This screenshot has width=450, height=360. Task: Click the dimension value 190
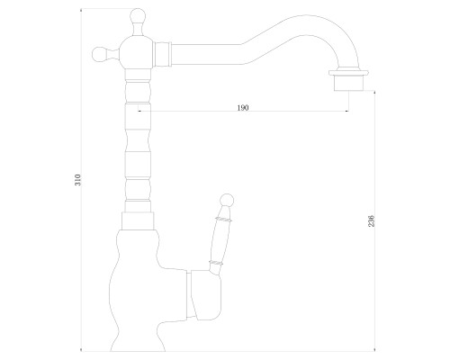[x=243, y=108]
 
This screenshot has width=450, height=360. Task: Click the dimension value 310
[x=78, y=180]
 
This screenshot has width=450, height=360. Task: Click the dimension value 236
[x=372, y=220]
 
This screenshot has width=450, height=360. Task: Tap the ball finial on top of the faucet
[x=138, y=15]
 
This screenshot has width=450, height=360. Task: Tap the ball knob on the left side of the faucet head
[x=99, y=54]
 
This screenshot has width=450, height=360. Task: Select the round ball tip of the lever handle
[x=227, y=200]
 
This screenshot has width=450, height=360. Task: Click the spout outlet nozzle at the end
[x=348, y=83]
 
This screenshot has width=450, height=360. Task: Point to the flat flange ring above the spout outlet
[x=348, y=73]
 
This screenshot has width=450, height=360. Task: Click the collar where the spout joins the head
[x=162, y=54]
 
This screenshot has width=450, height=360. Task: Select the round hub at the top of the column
[x=137, y=52]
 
